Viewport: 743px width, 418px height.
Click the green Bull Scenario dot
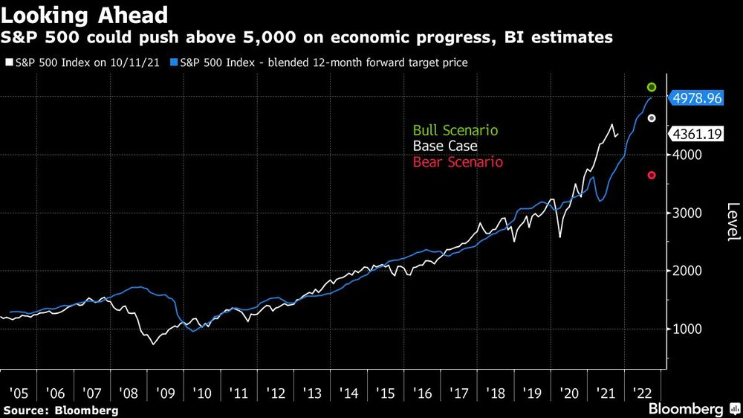tap(652, 88)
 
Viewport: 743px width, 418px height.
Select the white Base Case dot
tap(652, 118)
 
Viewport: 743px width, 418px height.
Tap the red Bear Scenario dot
tap(652, 176)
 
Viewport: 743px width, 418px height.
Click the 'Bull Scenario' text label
tap(455, 130)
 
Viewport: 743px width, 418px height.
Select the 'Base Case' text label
tap(445, 147)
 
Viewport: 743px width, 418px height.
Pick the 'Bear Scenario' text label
tap(458, 162)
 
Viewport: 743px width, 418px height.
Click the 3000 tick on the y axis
tap(687, 213)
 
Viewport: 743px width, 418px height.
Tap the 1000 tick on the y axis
tap(687, 329)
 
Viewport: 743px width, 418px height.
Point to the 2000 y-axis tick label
tap(687, 271)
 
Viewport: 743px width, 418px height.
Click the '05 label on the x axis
tap(18, 392)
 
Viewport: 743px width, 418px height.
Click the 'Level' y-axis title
tap(733, 222)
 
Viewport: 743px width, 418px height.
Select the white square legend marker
tap(8, 63)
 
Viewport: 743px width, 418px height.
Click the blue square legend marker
tap(174, 63)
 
